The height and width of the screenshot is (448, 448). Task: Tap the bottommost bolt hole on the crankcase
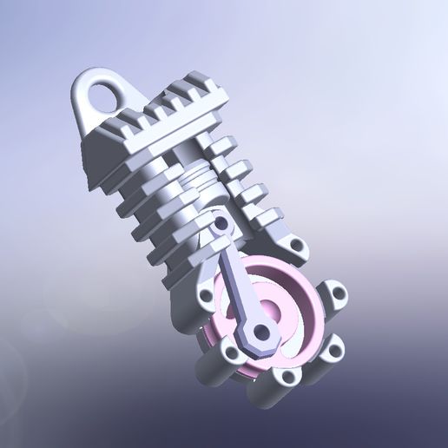click(287, 379)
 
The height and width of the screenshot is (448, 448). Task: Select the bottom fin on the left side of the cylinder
click(169, 276)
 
